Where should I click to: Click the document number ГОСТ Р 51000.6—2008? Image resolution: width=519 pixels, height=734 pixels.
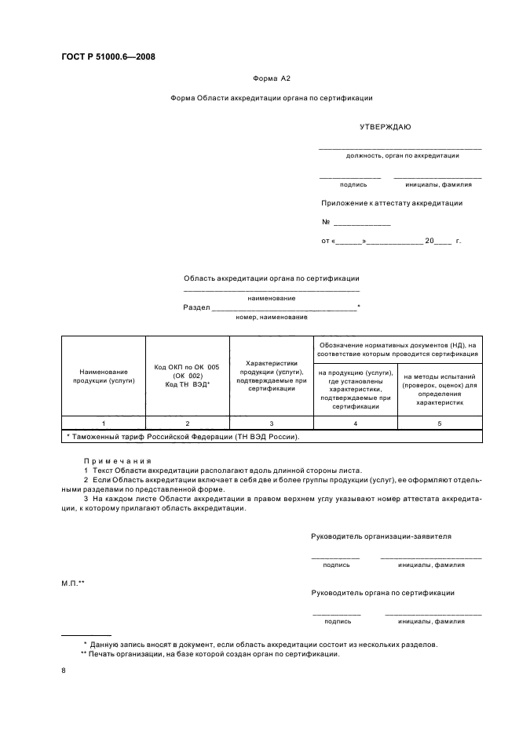[x=108, y=56]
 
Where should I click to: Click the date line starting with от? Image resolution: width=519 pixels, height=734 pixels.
[x=391, y=241]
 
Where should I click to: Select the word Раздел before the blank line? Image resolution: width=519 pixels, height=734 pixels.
[x=196, y=307]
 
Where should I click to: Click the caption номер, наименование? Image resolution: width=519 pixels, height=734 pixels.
[x=271, y=318]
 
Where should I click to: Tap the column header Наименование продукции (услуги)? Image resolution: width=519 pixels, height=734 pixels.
[x=104, y=377]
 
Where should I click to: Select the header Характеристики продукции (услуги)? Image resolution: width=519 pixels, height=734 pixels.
[x=271, y=376]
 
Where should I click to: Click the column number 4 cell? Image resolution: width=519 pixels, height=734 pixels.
[x=355, y=423]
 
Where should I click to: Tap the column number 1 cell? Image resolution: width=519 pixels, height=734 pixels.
[x=104, y=423]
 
